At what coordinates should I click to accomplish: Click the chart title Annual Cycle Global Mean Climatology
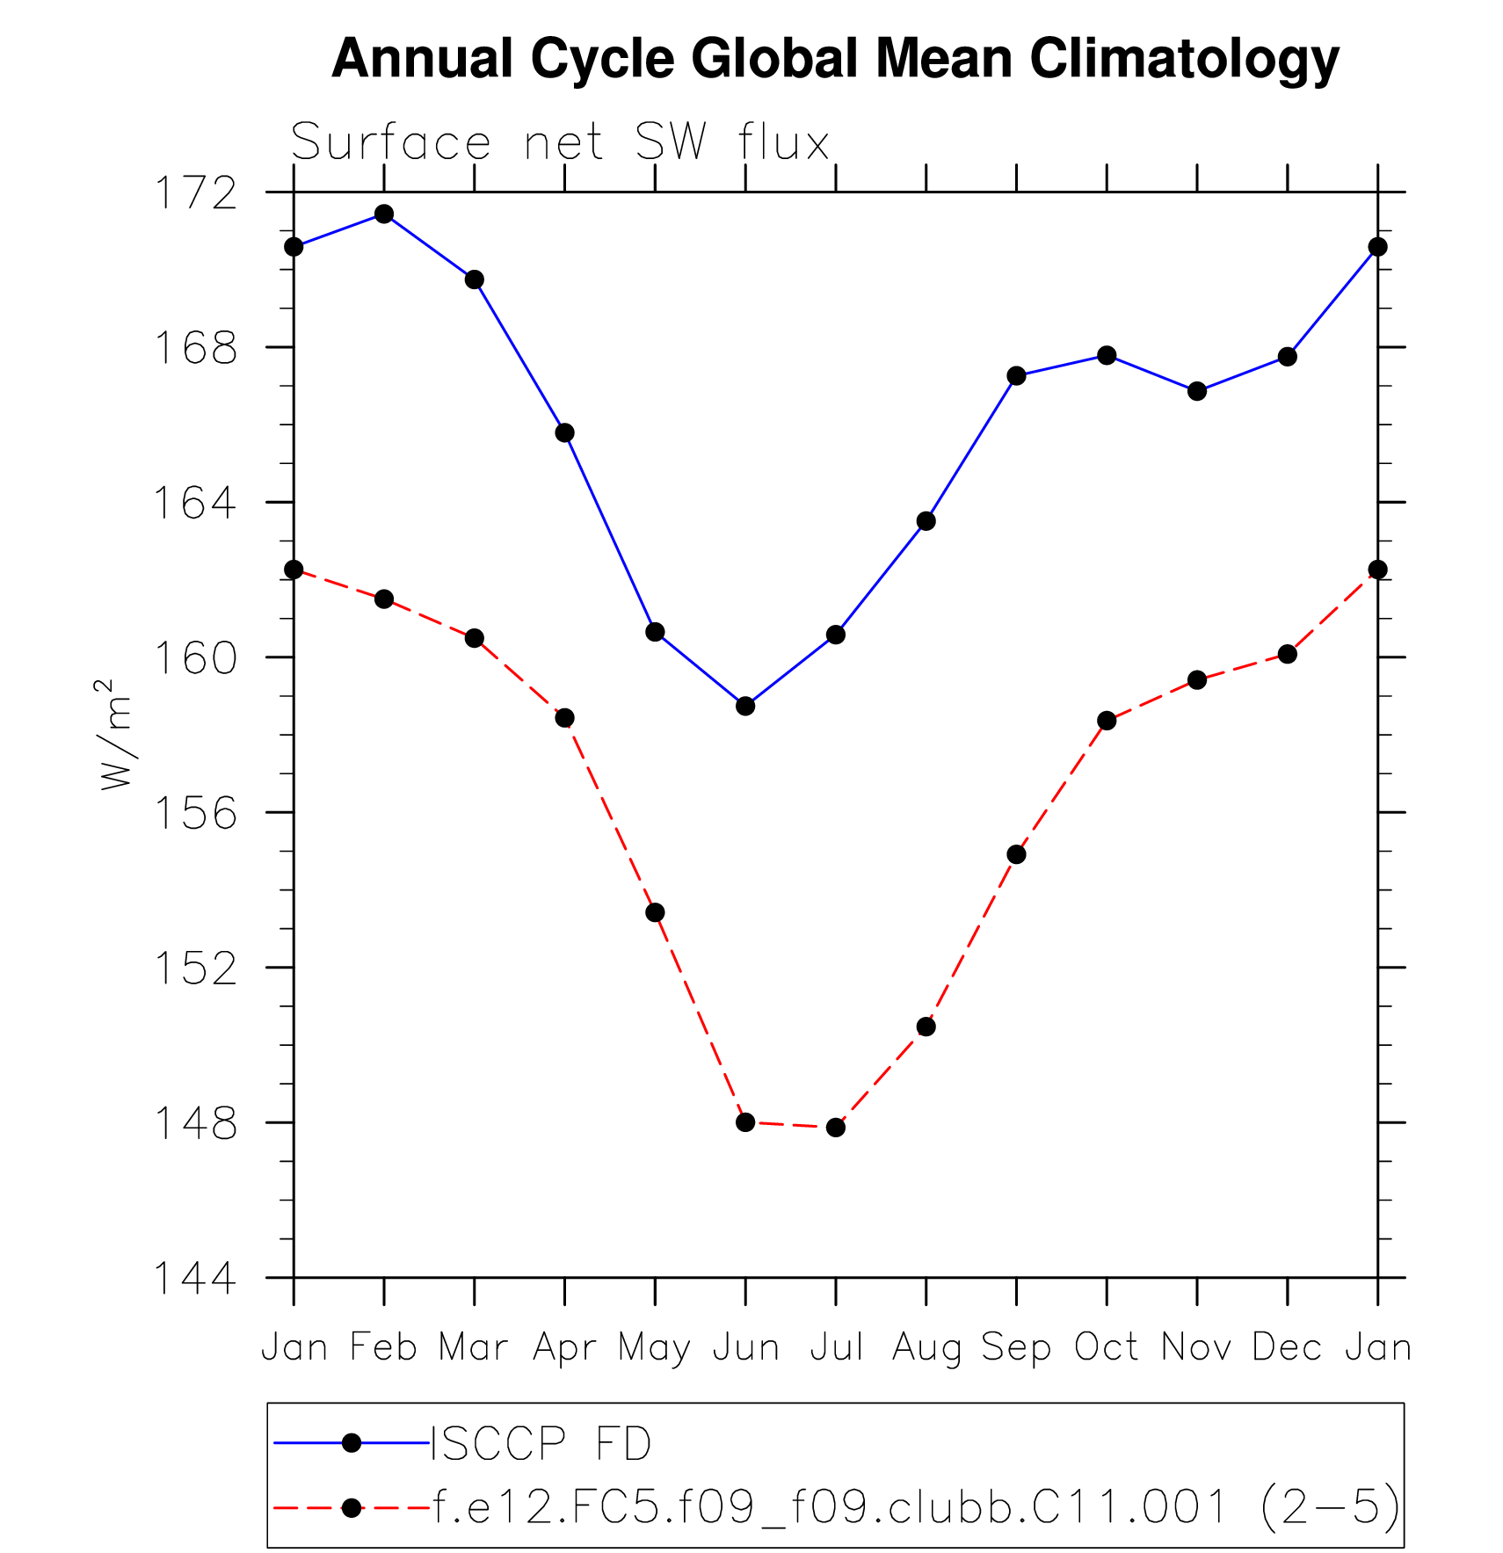[835, 60]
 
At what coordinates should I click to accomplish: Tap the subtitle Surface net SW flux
[560, 142]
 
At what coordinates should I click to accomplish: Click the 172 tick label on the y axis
[195, 193]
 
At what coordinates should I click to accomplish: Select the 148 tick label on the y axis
[195, 1123]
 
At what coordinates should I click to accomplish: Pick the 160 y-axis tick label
[195, 658]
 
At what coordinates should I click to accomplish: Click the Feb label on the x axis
[383, 1347]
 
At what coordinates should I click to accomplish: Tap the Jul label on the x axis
[836, 1347]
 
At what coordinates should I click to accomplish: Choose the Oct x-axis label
[1106, 1347]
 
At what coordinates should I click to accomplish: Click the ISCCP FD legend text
[541, 1443]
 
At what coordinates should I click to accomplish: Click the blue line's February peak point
[384, 214]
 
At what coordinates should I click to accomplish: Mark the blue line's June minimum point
[745, 706]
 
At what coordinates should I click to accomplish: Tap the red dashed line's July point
[836, 1127]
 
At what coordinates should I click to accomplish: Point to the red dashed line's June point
[745, 1122]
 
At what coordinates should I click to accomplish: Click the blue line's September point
[1016, 376]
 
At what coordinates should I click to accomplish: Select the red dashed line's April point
[564, 718]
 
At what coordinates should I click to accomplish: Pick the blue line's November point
[1197, 391]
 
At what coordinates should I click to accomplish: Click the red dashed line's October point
[1107, 721]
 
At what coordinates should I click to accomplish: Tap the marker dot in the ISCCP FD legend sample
[352, 1443]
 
